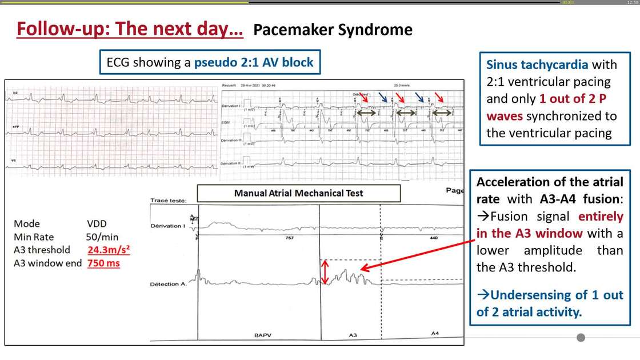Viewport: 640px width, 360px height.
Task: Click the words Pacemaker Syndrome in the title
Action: pyautogui.click(x=333, y=30)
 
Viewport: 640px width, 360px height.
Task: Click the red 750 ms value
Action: pyautogui.click(x=103, y=263)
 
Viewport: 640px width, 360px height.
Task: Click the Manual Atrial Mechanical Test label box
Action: pyautogui.click(x=298, y=193)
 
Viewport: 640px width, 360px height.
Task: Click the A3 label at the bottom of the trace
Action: pyautogui.click(x=353, y=335)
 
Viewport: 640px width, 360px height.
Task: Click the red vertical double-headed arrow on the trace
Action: pyautogui.click(x=325, y=272)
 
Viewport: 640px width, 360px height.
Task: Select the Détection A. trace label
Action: pyautogui.click(x=168, y=284)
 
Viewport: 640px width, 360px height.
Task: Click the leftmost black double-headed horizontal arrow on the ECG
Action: pyautogui.click(x=367, y=114)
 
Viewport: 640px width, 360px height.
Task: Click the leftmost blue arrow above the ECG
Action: pyautogui.click(x=383, y=98)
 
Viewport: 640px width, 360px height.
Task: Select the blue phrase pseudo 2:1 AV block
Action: pyautogui.click(x=254, y=62)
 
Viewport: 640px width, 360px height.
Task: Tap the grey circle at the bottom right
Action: pyautogui.click(x=581, y=337)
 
